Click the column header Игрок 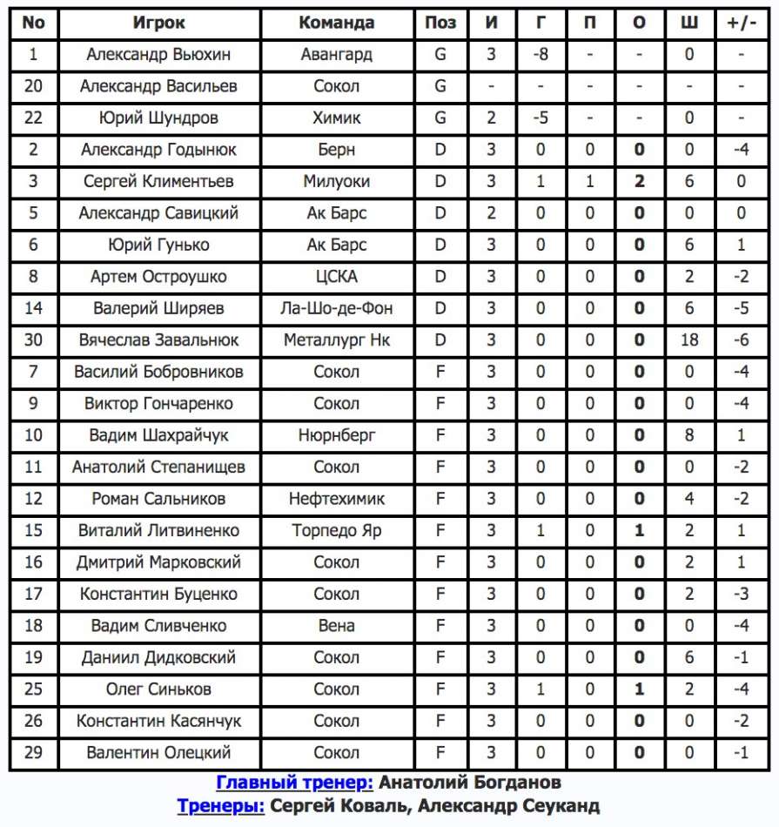tap(159, 24)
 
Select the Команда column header tap(336, 24)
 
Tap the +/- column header tap(741, 24)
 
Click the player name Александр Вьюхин tap(159, 55)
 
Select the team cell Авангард tap(336, 55)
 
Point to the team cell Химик tap(336, 118)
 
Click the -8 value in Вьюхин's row tap(541, 55)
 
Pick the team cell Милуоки tap(336, 182)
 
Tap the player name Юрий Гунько tap(159, 245)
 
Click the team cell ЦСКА tap(336, 277)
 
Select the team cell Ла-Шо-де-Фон tap(336, 308)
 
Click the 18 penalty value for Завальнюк tap(689, 340)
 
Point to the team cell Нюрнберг tap(336, 435)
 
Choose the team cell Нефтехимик tap(336, 499)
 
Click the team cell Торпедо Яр tap(336, 530)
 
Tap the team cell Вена tap(336, 626)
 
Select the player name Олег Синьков tap(159, 689)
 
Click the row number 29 tap(33, 753)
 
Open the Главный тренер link tap(295, 783)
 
